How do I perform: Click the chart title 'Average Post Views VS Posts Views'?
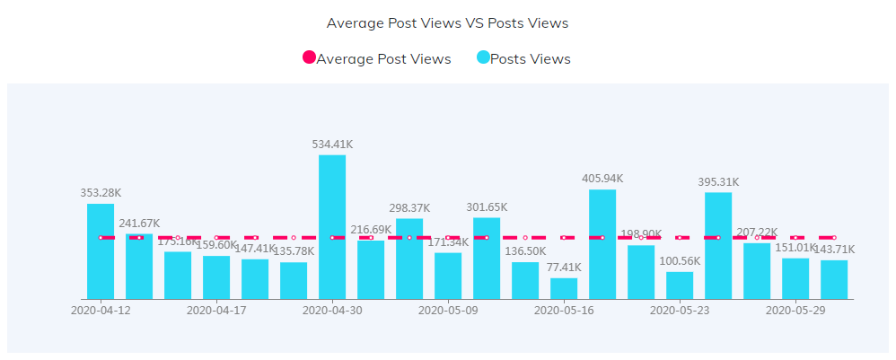tap(447, 22)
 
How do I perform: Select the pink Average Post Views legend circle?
tap(309, 58)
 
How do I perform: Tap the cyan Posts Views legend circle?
tap(483, 58)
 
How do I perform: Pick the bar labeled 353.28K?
tap(101, 251)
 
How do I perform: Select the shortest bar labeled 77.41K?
tap(564, 288)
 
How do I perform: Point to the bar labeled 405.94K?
tap(602, 244)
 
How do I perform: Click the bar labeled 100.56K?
tap(680, 285)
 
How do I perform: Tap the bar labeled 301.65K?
tap(487, 258)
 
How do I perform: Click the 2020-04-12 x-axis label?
tap(101, 311)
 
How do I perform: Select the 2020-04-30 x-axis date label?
tap(332, 311)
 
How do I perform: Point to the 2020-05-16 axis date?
tap(564, 311)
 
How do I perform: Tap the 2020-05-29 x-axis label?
tap(795, 311)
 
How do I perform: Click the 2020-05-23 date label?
tap(680, 311)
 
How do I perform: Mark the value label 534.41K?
tap(332, 144)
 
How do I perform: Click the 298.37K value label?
tap(409, 207)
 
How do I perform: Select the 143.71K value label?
tap(834, 249)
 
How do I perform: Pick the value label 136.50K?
tap(525, 250)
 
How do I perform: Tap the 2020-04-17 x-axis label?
tap(216, 311)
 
